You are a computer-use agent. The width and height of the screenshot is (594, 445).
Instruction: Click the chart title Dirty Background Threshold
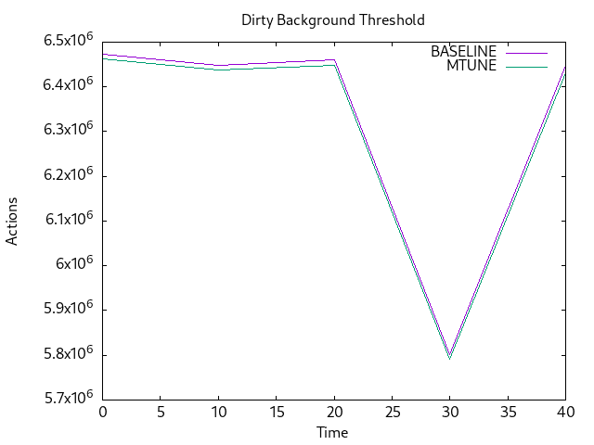pyautogui.click(x=333, y=19)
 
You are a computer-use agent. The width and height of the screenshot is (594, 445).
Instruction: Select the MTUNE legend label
pyautogui.click(x=471, y=66)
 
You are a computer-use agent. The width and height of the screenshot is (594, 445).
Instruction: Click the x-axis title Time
pyautogui.click(x=332, y=433)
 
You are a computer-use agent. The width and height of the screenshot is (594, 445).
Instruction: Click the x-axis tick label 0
pyautogui.click(x=103, y=411)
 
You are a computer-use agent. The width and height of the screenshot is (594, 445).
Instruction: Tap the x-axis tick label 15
pyautogui.click(x=276, y=411)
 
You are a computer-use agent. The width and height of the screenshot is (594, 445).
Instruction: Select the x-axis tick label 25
pyautogui.click(x=392, y=411)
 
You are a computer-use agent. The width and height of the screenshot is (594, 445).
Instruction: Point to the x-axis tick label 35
pyautogui.click(x=507, y=411)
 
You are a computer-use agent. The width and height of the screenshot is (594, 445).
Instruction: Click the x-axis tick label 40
pyautogui.click(x=564, y=411)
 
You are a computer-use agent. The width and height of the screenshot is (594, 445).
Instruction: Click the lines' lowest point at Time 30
pyautogui.click(x=449, y=355)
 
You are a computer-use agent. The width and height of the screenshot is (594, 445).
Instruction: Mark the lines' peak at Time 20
pyautogui.click(x=334, y=61)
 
